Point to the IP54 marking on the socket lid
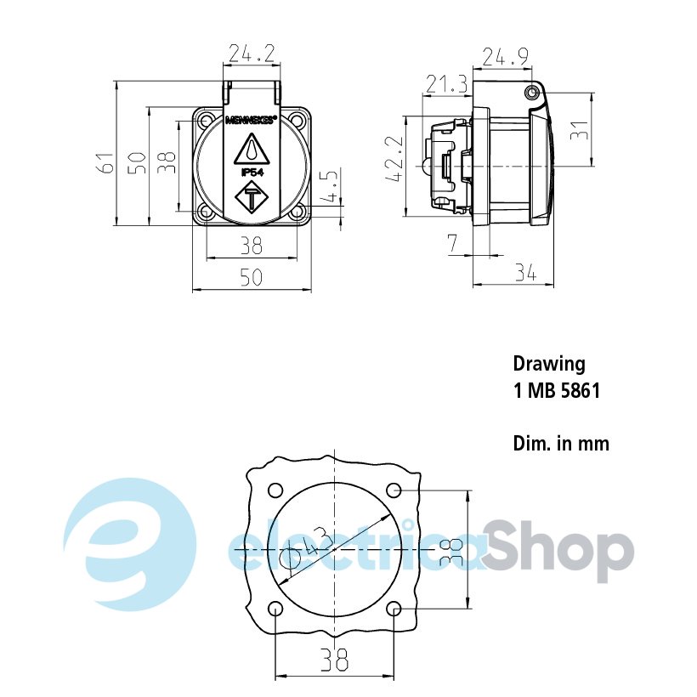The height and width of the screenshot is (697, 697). point(252,173)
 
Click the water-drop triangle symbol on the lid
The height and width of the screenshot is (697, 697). point(252,150)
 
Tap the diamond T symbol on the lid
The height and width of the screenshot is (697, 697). point(252,197)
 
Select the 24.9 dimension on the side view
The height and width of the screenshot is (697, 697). point(506,57)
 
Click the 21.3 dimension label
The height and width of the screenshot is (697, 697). point(447,83)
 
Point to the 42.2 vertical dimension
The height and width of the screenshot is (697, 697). point(394,158)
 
